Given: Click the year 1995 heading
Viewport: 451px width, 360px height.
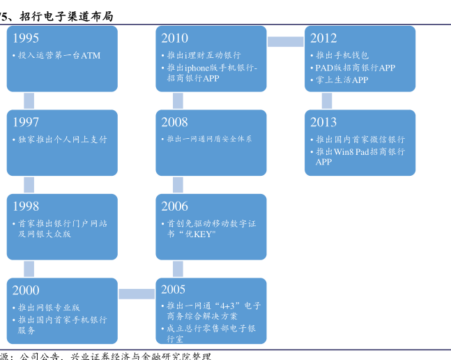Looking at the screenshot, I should tap(26, 38).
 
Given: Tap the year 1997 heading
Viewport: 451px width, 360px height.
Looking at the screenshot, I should tap(26, 123).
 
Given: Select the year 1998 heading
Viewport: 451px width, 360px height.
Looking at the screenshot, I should tap(26, 207).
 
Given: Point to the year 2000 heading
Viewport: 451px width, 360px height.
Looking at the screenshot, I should tap(26, 290).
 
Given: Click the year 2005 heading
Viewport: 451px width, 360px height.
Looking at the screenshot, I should tap(174, 290).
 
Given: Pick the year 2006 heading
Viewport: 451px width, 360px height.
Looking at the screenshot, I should tap(174, 207).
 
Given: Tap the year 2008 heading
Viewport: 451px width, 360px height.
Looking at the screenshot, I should tap(174, 123).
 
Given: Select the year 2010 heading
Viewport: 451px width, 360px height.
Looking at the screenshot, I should tap(174, 38).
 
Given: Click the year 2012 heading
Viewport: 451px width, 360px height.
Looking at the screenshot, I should tap(323, 38).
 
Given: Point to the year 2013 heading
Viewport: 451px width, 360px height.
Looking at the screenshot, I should tap(323, 123).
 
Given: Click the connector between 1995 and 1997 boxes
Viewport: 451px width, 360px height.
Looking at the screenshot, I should tap(29, 100).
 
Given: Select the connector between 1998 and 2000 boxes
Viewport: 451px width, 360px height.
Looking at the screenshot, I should tap(29, 269).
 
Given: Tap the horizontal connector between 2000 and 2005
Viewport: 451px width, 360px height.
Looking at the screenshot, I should tap(137, 294).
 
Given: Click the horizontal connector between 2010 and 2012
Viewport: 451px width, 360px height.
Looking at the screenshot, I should tap(285, 42).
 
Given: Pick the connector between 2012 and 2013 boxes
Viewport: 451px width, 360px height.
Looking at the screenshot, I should tap(327, 100).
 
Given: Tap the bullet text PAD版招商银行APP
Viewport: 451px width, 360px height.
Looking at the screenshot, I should tap(355, 68).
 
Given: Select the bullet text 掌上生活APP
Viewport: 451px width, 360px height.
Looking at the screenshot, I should tap(342, 80).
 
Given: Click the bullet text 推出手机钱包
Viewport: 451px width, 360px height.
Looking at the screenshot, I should tap(342, 55).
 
